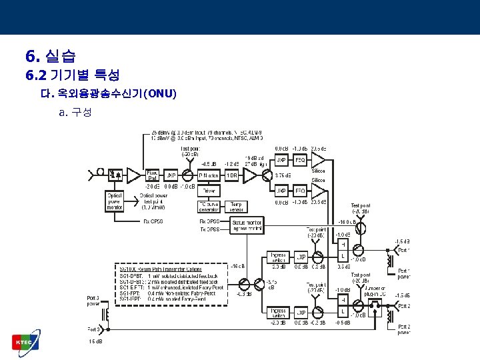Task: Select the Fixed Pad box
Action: point(152,176)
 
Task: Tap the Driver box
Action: point(209,191)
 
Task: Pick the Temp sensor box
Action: point(236,206)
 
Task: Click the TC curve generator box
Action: point(209,206)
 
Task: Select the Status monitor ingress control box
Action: point(247,225)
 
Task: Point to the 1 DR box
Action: point(232,175)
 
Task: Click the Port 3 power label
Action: point(93,301)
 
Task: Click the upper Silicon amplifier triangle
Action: point(318,160)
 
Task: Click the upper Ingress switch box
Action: point(277,256)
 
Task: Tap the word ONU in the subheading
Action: point(159,93)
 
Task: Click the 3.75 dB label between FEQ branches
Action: point(283,175)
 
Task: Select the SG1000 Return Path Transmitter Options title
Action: point(151,267)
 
